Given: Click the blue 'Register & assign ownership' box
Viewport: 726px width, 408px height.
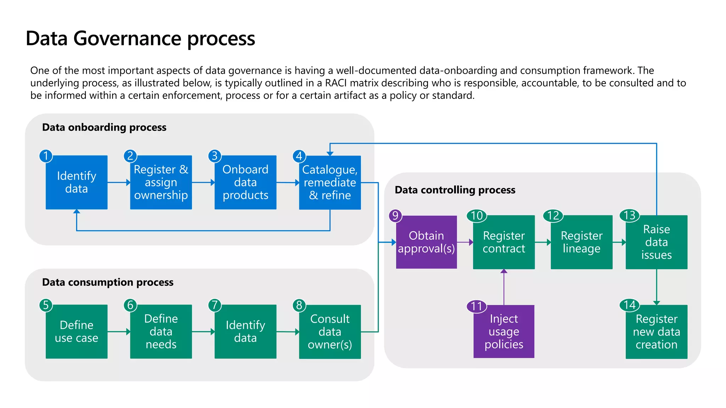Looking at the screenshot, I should tap(161, 182).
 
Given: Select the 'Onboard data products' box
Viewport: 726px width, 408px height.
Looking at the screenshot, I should tap(245, 182).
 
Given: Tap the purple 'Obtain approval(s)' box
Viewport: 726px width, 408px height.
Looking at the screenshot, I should tap(426, 242).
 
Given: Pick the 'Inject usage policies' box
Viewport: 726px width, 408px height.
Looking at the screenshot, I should tap(504, 331).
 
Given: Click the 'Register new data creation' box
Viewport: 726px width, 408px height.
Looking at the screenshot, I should tap(656, 332).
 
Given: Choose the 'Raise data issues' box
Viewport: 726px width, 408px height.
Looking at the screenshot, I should tap(656, 242).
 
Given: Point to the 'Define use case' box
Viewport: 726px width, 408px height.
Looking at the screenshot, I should tap(77, 332).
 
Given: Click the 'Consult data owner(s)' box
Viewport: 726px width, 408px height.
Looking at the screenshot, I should tap(330, 332).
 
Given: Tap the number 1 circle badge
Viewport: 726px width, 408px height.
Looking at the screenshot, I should tap(46, 156).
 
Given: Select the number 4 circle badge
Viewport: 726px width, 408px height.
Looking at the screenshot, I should tap(299, 156).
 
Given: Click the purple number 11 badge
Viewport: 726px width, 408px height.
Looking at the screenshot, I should tap(477, 306).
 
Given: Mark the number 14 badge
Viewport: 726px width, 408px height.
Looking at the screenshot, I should tap(630, 305).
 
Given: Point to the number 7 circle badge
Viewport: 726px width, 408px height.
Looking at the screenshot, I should tap(215, 305).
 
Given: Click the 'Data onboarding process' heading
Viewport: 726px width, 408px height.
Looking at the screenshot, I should tap(104, 127).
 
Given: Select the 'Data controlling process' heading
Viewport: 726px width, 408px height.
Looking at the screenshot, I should tap(455, 190).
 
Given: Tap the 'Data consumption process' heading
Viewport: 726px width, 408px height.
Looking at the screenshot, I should tap(108, 282).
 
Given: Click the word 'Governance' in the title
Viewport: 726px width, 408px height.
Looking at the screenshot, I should tap(127, 38).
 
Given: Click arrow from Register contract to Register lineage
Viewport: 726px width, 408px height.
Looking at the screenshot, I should tap(543, 242).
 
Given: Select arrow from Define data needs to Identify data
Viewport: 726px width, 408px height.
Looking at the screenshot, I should tap(203, 332).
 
